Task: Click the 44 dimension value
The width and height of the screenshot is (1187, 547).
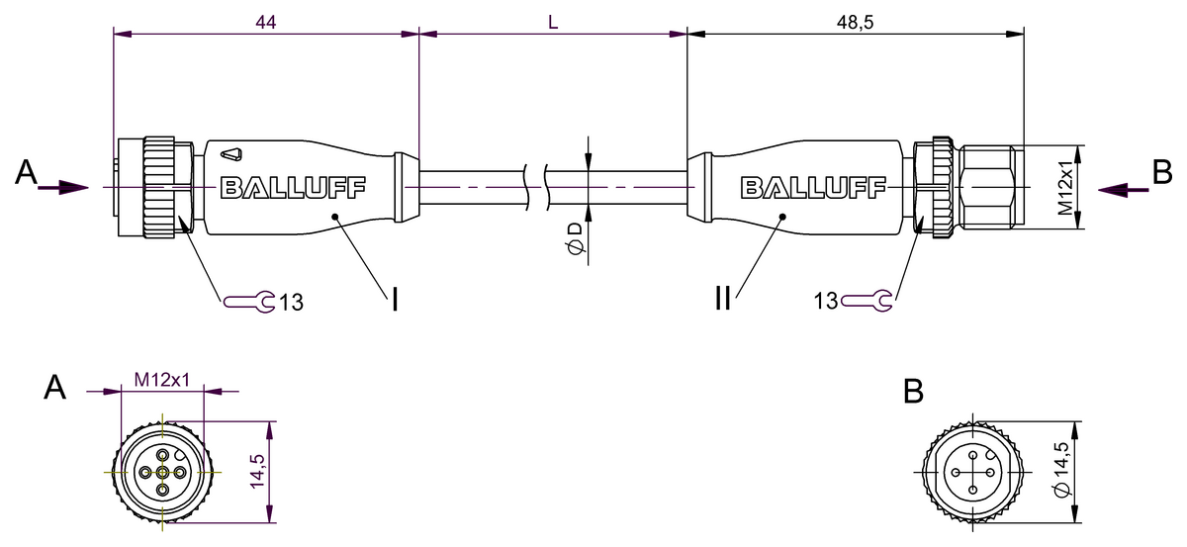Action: point(265,23)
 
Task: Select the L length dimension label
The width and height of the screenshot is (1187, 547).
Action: point(553,23)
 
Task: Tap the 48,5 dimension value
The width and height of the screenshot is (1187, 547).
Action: point(855,23)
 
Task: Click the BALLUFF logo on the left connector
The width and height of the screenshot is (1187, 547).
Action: point(293,188)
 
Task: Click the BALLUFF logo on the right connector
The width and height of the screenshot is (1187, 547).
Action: point(813,188)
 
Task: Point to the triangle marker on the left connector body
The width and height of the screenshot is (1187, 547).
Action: point(231,154)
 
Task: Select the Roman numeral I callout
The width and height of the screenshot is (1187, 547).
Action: point(395,300)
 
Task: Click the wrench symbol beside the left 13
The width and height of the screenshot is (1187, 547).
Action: point(249,302)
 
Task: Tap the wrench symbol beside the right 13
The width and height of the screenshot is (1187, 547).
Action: point(867,301)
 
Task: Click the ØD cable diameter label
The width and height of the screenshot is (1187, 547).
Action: point(575,238)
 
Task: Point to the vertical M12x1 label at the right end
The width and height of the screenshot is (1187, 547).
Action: point(1065,188)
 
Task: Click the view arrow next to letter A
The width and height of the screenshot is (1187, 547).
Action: point(63,187)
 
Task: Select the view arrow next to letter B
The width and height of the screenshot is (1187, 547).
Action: point(1123,190)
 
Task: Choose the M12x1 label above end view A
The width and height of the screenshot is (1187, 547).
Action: point(161,380)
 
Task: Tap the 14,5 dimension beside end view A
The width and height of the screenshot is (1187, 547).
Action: point(257,472)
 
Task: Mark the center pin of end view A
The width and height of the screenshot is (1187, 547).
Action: point(162,472)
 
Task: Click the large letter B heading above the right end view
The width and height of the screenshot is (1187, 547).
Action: point(913,392)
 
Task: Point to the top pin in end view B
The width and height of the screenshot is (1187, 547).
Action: point(973,455)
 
